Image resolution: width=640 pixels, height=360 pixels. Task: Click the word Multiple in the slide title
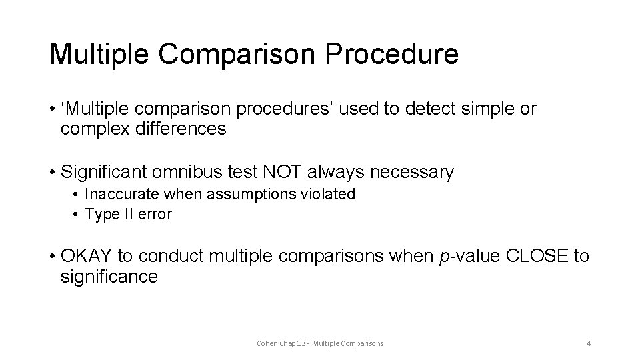(x=96, y=54)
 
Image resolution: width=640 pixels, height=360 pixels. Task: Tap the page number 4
(x=589, y=343)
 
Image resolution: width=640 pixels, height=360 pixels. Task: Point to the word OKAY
(x=86, y=256)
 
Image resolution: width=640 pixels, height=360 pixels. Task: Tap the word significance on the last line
(x=109, y=277)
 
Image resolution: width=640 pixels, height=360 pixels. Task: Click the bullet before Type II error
(x=77, y=214)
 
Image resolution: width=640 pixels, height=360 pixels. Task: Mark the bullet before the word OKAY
(x=52, y=256)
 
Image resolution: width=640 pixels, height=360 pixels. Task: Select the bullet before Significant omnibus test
(x=52, y=173)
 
